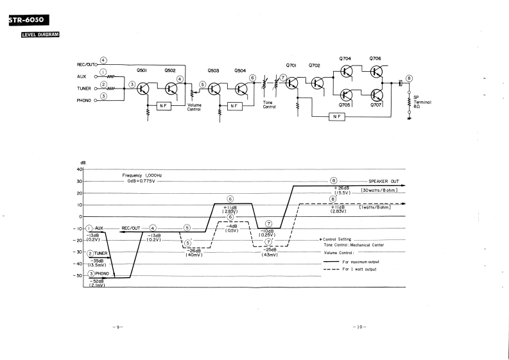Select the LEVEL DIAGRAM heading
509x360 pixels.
pyautogui.click(x=40, y=34)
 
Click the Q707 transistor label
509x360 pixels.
pyautogui.click(x=376, y=104)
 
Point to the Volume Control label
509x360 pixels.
pyautogui.click(x=194, y=107)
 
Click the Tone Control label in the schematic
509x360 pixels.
pyautogui.click(x=270, y=104)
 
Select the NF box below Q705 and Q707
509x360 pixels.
pyautogui.click(x=336, y=116)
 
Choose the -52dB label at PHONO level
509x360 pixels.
pyautogui.click(x=98, y=280)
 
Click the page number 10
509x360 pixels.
pyautogui.click(x=359, y=327)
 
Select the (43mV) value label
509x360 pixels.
pyautogui.click(x=270, y=255)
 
